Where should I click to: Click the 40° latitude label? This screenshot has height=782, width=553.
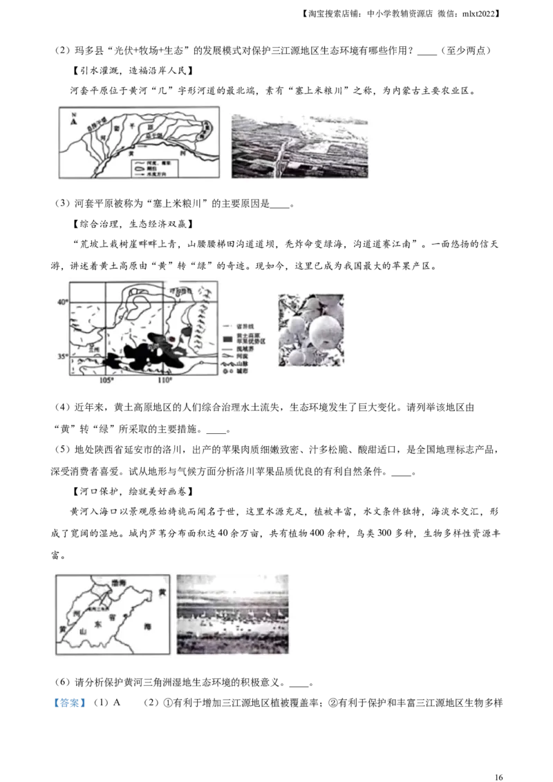point(62,303)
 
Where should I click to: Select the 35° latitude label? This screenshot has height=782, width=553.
point(62,356)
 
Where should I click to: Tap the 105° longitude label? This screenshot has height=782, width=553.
point(107,381)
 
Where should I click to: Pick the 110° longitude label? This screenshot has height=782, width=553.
point(165,381)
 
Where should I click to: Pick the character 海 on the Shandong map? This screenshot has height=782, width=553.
point(146,624)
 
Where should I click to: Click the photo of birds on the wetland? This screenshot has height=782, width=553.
point(232,614)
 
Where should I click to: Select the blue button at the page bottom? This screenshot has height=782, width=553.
point(69,703)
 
